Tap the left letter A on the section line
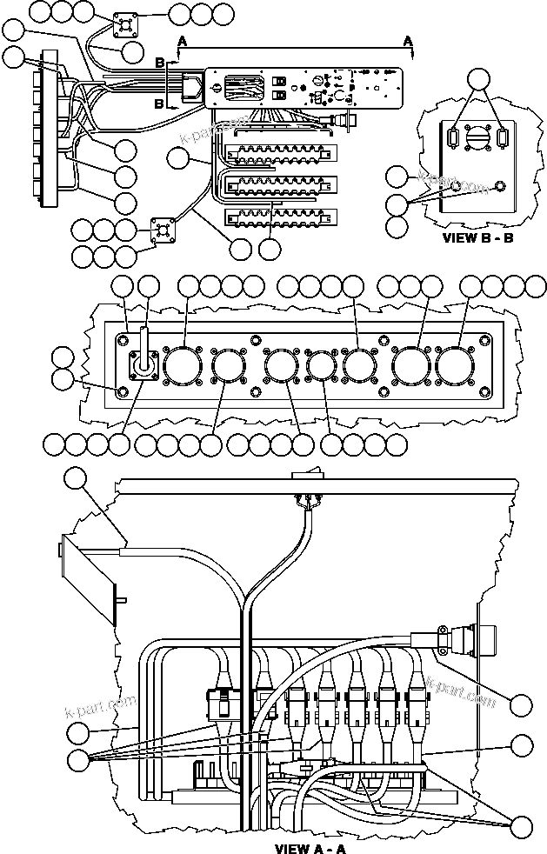[182, 41]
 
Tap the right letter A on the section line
[408, 41]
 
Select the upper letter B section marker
[159, 63]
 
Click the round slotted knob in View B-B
[477, 140]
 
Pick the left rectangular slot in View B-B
[453, 139]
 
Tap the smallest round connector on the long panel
[321, 365]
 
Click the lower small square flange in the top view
[163, 230]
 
